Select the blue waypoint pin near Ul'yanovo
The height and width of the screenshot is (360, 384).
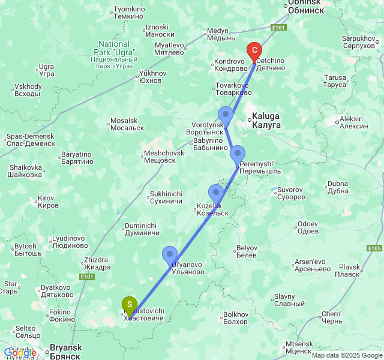(x=170, y=255)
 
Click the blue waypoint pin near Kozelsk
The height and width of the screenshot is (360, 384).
(x=216, y=193)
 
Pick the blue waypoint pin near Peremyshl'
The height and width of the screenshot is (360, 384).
(x=238, y=154)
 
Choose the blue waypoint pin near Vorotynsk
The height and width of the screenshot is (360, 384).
(x=226, y=115)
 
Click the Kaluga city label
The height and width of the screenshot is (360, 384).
(x=266, y=121)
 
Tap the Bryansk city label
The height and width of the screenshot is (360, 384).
(x=65, y=352)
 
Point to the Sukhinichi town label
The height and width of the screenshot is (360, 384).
(x=166, y=197)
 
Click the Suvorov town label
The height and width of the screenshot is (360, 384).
(x=291, y=193)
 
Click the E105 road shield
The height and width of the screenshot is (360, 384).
(x=374, y=248)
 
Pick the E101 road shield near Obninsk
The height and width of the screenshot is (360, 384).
(x=278, y=28)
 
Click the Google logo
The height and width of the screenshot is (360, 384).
(x=20, y=353)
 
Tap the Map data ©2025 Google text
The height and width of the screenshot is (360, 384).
(x=347, y=355)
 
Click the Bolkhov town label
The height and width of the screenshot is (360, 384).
(x=235, y=318)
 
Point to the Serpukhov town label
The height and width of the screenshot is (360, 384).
(x=358, y=42)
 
